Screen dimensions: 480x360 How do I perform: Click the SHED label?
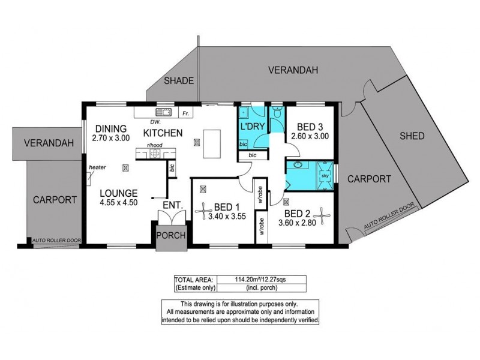click(412, 136)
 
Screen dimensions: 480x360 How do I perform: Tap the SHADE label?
click(179, 81)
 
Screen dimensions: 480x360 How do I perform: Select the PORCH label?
click(171, 235)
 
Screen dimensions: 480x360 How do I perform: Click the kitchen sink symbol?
click(163, 112)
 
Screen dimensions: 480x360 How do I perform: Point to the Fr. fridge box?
click(186, 113)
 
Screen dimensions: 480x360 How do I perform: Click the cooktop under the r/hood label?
click(155, 154)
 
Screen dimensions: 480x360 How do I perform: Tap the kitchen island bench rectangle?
click(212, 144)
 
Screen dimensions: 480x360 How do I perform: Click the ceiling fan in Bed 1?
click(203, 211)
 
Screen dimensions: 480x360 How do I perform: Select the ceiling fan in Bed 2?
click(322, 216)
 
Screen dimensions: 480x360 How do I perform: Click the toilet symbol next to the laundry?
click(277, 112)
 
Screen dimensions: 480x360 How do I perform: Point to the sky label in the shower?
click(325, 176)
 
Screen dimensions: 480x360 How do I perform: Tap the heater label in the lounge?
click(97, 167)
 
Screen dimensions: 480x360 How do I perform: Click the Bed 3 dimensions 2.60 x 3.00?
click(310, 136)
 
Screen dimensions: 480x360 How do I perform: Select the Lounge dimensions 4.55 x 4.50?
click(119, 202)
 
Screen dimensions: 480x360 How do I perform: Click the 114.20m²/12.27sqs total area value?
click(261, 279)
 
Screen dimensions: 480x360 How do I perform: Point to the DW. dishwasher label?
click(155, 122)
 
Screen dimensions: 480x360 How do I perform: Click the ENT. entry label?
click(173, 205)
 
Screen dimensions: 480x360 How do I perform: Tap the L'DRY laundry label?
click(252, 127)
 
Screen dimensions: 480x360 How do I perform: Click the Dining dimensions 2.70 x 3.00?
click(111, 138)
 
